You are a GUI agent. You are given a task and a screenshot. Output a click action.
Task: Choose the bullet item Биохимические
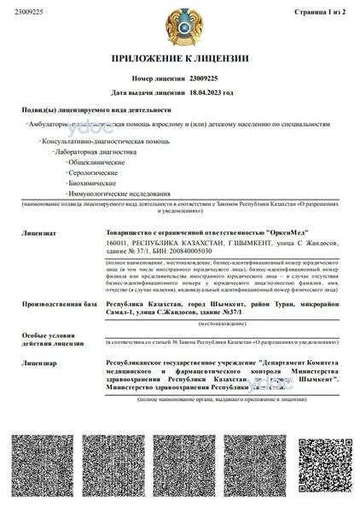coord(92,182)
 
